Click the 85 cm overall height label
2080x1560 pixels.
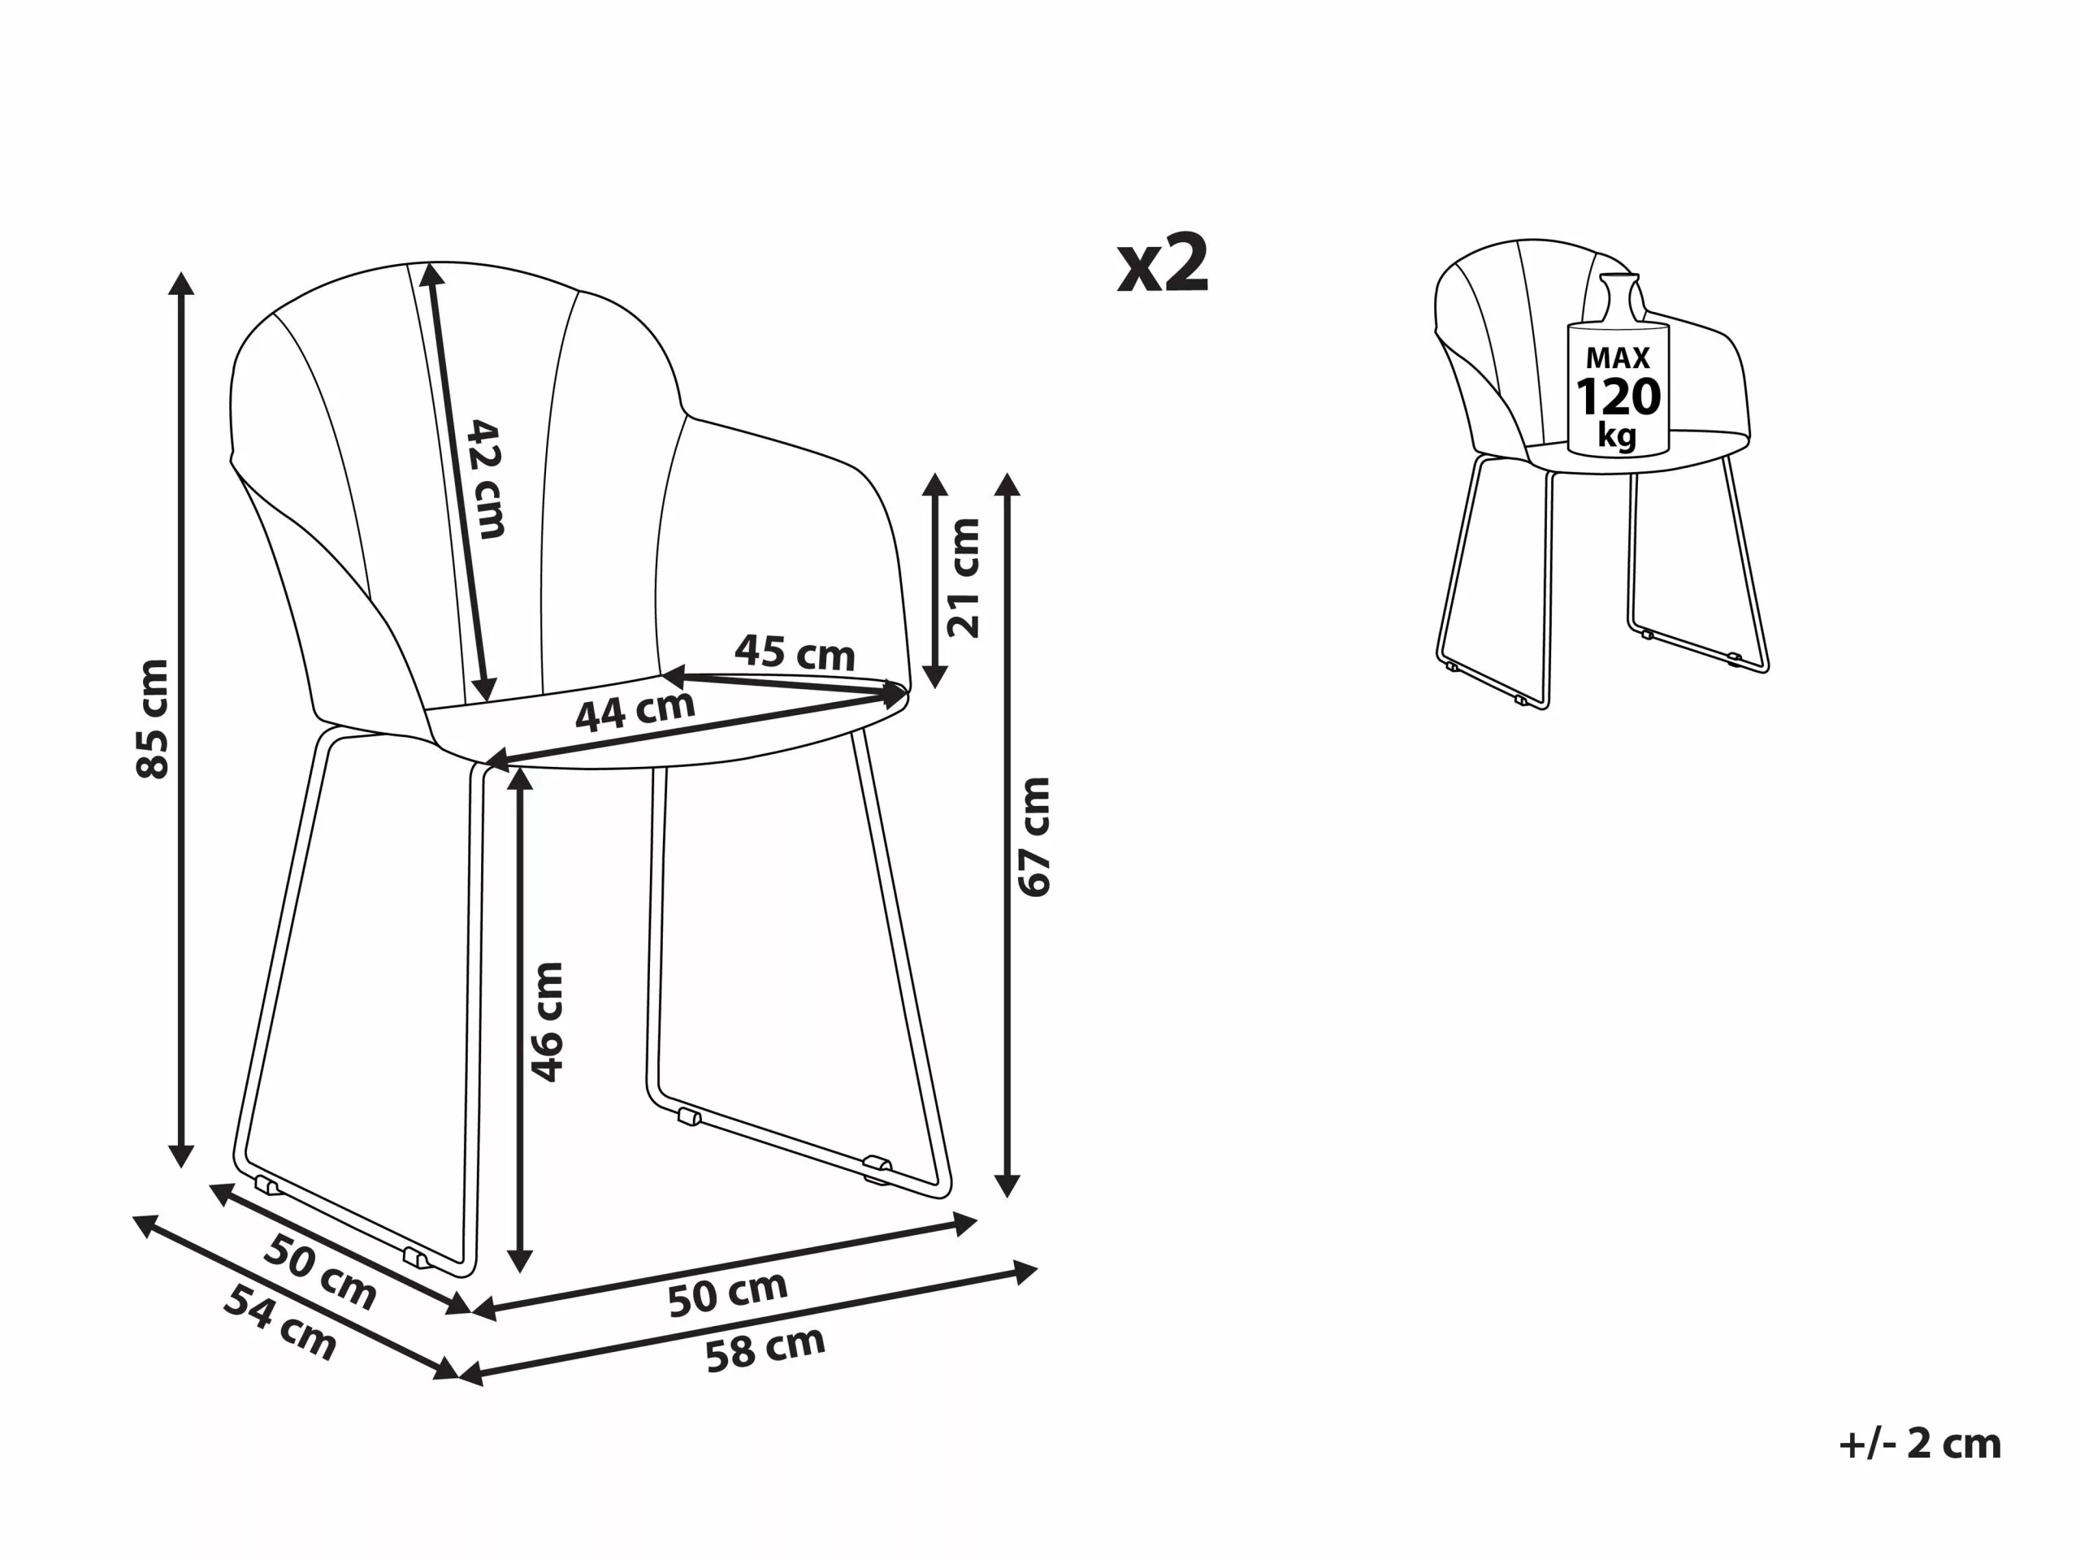tap(154, 719)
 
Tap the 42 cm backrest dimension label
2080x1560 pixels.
tap(487, 479)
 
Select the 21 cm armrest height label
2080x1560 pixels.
tap(964, 578)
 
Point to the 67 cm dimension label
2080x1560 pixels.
tap(1034, 837)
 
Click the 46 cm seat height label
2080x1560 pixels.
tap(546, 1022)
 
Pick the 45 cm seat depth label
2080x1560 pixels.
tap(795, 652)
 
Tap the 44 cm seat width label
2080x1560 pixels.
tap(635, 712)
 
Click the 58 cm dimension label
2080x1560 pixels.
tap(765, 1350)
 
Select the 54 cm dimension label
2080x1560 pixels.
tap(280, 1323)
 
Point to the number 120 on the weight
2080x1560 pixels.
tap(1618, 396)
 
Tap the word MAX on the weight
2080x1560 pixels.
tap(1618, 357)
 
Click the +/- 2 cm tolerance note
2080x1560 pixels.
tap(1920, 1445)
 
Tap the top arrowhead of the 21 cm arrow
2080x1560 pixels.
tap(934, 484)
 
